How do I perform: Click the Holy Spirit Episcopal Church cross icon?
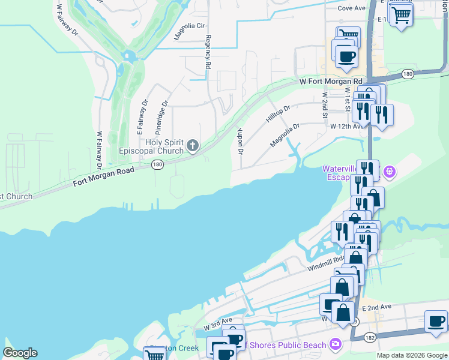tap(192, 145)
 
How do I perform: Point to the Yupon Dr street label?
tap(240, 140)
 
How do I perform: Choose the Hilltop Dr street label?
tap(278, 113)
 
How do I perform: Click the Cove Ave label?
tap(352, 8)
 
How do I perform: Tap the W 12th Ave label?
tap(346, 127)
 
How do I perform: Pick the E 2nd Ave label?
tap(378, 307)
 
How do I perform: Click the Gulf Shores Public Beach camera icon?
tap(335, 345)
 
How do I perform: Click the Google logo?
tap(20, 353)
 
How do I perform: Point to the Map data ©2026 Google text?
tap(411, 355)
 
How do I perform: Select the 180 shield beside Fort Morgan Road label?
tap(157, 164)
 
